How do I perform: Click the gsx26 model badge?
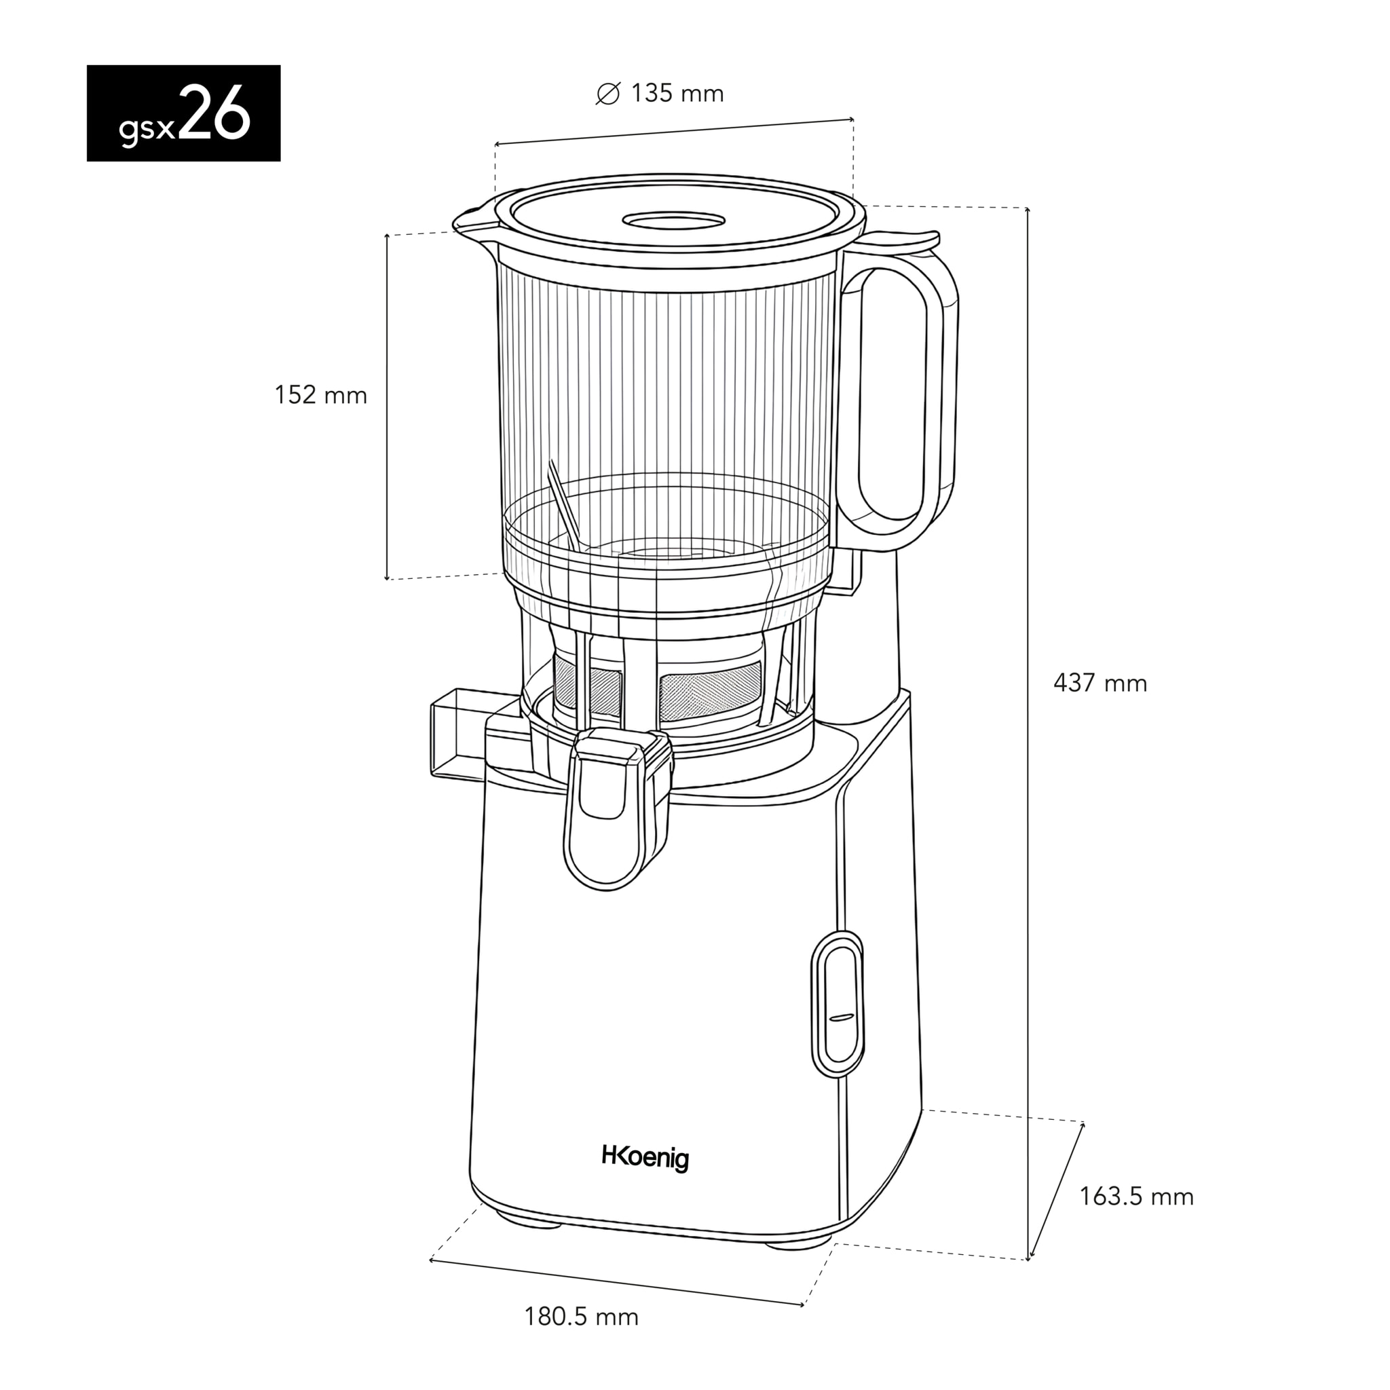click(x=183, y=113)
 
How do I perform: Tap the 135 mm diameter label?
click(x=676, y=94)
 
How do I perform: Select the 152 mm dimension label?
click(x=321, y=395)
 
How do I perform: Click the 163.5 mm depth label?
click(x=1136, y=1197)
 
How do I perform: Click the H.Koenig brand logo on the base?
click(x=645, y=1158)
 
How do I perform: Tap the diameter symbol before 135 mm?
click(x=608, y=94)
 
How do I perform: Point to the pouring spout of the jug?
click(x=471, y=219)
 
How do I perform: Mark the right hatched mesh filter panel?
click(x=710, y=690)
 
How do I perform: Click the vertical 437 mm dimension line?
click(x=1028, y=719)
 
